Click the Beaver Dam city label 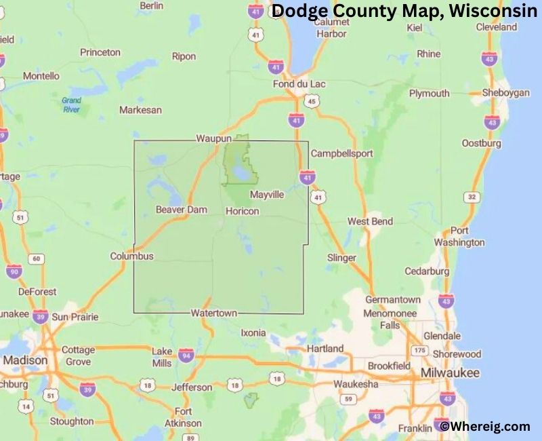pos(181,210)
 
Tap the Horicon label pos(242,211)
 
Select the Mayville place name pos(267,195)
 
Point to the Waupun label pos(214,138)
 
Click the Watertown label pos(213,313)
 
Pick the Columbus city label pos(132,256)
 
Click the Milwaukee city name pos(450,373)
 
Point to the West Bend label pos(370,222)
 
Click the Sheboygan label pos(505,93)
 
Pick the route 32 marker pos(472,197)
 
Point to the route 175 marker pos(420,350)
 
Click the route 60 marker pos(37,258)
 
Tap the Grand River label pos(71,104)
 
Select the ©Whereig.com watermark pos(484,426)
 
